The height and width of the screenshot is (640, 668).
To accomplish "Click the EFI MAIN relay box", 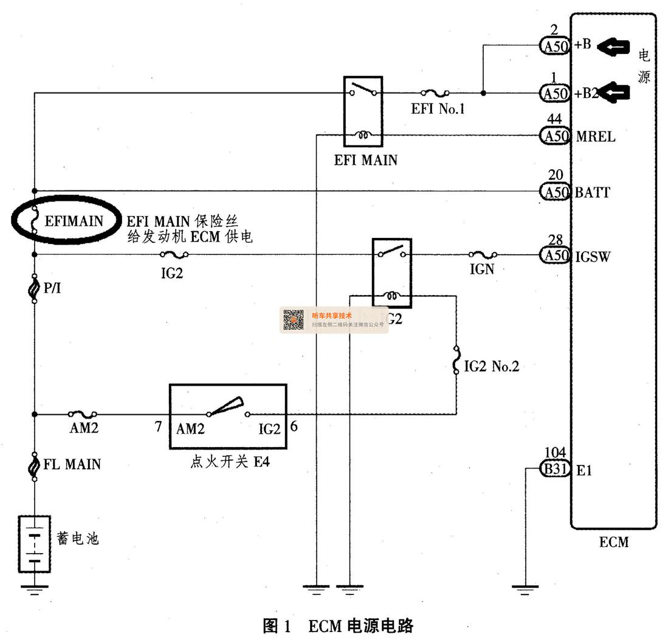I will [363, 111].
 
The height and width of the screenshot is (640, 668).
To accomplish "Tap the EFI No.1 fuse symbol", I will [435, 93].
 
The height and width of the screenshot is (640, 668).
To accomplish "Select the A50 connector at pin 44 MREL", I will [554, 136].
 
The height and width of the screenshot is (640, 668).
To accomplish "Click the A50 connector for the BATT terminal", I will [554, 192].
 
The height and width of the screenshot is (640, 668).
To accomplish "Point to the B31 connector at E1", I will [554, 469].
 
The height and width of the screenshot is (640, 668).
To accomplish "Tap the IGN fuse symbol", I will [483, 255].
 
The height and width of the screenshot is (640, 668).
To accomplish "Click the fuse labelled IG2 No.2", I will [456, 360].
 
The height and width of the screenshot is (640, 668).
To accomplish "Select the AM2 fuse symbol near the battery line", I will [83, 414].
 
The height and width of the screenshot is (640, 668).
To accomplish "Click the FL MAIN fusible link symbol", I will [35, 465].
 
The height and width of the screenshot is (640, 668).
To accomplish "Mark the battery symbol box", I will [35, 544].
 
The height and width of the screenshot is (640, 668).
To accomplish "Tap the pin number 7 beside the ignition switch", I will [158, 427].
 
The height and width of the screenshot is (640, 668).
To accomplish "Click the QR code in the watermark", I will [294, 320].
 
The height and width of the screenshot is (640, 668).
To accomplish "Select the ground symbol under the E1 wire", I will [525, 588].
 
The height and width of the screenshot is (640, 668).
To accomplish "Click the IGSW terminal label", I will [593, 257].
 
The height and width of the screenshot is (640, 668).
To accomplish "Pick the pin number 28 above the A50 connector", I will [555, 241].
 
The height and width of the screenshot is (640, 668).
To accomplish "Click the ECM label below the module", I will [614, 541].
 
